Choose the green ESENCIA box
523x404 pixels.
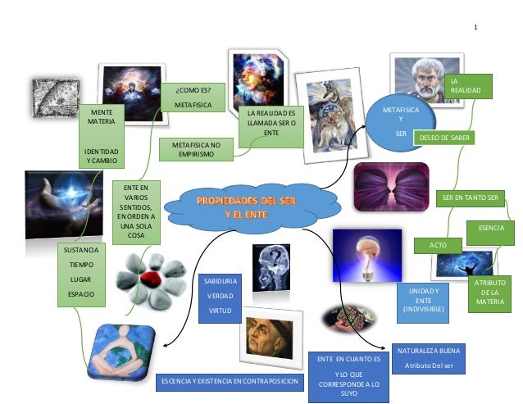click(491, 231)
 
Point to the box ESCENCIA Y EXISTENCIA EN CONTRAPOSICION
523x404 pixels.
click(229, 381)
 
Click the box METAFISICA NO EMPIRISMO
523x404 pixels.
click(196, 148)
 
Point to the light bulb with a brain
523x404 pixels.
click(364, 254)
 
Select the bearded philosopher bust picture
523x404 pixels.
click(421, 79)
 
